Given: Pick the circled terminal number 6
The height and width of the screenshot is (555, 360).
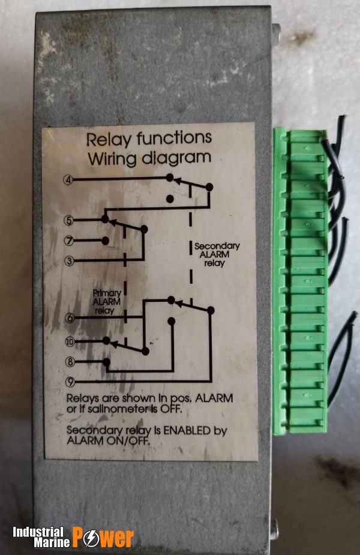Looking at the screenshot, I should [x=70, y=319].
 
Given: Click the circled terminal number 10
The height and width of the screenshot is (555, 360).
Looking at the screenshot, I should [x=70, y=341].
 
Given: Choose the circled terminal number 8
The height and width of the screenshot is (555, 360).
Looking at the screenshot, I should [x=70, y=362].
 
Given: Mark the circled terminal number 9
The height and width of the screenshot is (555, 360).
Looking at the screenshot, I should [x=70, y=382].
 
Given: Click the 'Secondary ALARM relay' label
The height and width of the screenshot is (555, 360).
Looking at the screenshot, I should [x=217, y=254].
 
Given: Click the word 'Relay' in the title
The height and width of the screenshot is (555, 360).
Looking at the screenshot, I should [x=109, y=139].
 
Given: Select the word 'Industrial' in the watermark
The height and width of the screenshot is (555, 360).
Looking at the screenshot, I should [x=38, y=532].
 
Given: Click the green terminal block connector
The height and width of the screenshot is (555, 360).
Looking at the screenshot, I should [x=300, y=282].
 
